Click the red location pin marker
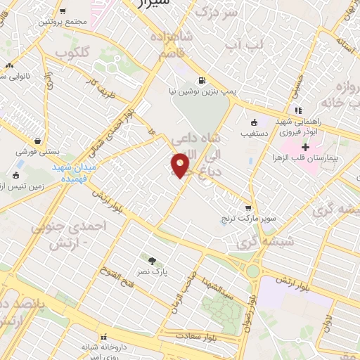coord(181,165)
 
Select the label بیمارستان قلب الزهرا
coord(307,158)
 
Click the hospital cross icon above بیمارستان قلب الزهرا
coord(305,147)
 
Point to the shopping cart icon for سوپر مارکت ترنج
coord(247,208)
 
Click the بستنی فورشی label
coord(39,151)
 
